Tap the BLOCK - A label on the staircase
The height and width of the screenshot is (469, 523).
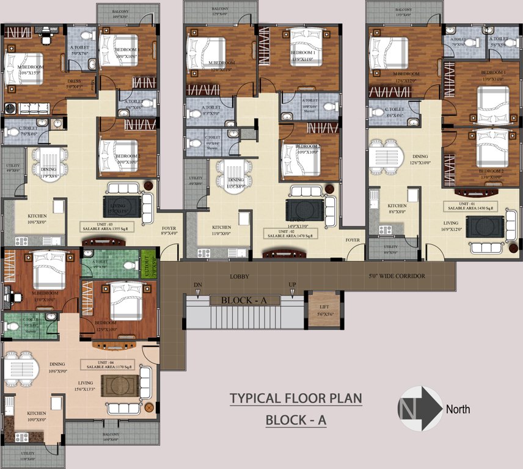245,300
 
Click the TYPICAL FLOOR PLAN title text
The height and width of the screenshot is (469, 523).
296,399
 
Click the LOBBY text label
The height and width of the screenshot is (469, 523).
240,276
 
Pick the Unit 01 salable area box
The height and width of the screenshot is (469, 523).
469,206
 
